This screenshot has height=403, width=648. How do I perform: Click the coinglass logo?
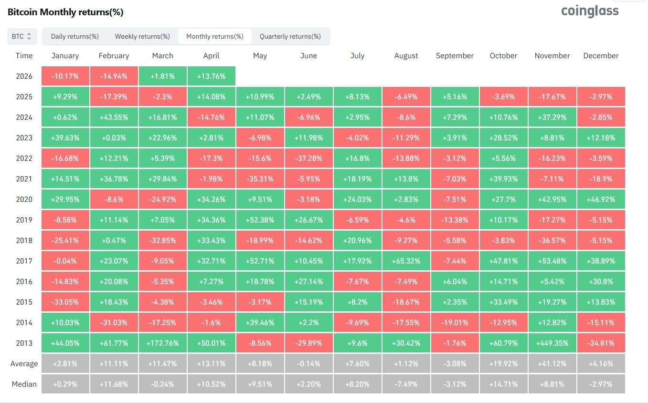pyautogui.click(x=590, y=11)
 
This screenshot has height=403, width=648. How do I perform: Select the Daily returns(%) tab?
pyautogui.click(x=75, y=36)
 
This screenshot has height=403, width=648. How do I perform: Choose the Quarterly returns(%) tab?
pyautogui.click(x=290, y=36)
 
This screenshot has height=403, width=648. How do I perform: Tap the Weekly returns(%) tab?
pyautogui.click(x=142, y=36)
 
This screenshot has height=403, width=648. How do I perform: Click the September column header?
pyautogui.click(x=455, y=56)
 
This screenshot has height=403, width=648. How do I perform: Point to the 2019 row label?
pyautogui.click(x=24, y=220)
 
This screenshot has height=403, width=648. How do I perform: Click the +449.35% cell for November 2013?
pyautogui.click(x=552, y=343)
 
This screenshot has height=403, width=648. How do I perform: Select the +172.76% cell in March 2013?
pyautogui.click(x=162, y=343)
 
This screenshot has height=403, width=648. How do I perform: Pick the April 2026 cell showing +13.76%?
pyautogui.click(x=211, y=76)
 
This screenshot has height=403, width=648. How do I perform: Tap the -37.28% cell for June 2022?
pyautogui.click(x=308, y=158)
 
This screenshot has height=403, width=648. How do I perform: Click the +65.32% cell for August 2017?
pyautogui.click(x=406, y=261)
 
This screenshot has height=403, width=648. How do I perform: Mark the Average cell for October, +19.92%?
pyautogui.click(x=503, y=363)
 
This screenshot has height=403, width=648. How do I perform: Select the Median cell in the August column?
pyautogui.click(x=406, y=384)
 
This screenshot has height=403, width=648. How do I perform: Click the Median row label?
pyautogui.click(x=24, y=384)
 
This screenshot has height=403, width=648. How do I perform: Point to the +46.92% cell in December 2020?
pyautogui.click(x=601, y=199)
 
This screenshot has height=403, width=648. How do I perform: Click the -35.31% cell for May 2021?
pyautogui.click(x=260, y=179)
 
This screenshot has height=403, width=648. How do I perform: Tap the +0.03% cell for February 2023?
pyautogui.click(x=114, y=138)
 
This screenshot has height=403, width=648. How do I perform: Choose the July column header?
pyautogui.click(x=357, y=56)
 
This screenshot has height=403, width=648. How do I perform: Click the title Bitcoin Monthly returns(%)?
pyautogui.click(x=65, y=12)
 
